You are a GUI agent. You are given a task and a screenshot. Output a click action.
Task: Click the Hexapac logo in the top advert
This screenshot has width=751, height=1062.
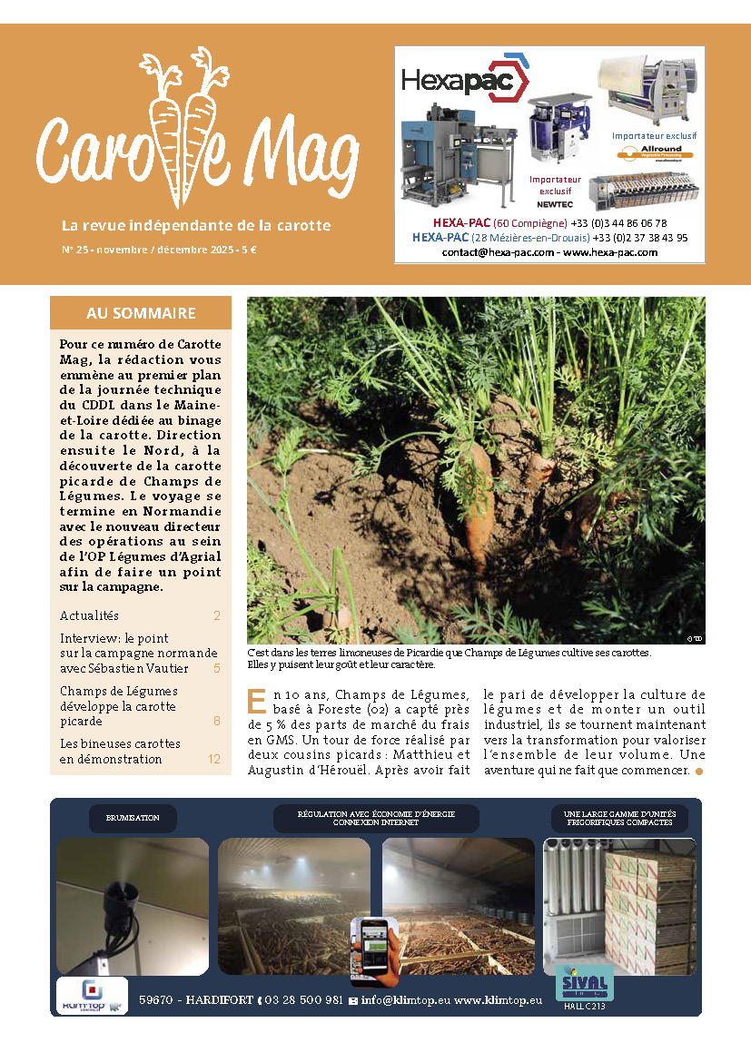tap(464, 81)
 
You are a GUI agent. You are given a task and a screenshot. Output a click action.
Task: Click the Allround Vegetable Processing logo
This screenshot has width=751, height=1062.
tap(654, 153)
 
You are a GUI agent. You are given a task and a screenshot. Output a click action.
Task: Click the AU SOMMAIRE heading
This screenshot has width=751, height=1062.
tap(141, 313)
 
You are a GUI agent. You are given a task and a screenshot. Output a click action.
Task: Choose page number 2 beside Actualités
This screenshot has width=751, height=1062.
tap(217, 615)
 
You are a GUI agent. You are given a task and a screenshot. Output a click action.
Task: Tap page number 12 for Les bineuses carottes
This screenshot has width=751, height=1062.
tap(214, 759)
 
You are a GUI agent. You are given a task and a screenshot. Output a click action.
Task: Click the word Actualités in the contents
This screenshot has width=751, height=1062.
tap(89, 615)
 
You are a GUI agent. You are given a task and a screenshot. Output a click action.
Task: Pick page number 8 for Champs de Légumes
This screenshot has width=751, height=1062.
tap(217, 722)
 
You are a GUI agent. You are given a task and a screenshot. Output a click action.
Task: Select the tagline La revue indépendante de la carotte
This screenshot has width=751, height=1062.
tap(195, 225)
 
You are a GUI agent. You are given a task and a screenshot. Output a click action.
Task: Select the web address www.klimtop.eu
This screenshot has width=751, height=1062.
tap(498, 999)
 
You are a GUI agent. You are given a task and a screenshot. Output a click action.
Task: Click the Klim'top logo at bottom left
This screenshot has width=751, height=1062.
tap(92, 996)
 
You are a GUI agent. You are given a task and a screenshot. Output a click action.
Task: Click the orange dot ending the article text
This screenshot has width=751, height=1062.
tap(698, 772)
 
